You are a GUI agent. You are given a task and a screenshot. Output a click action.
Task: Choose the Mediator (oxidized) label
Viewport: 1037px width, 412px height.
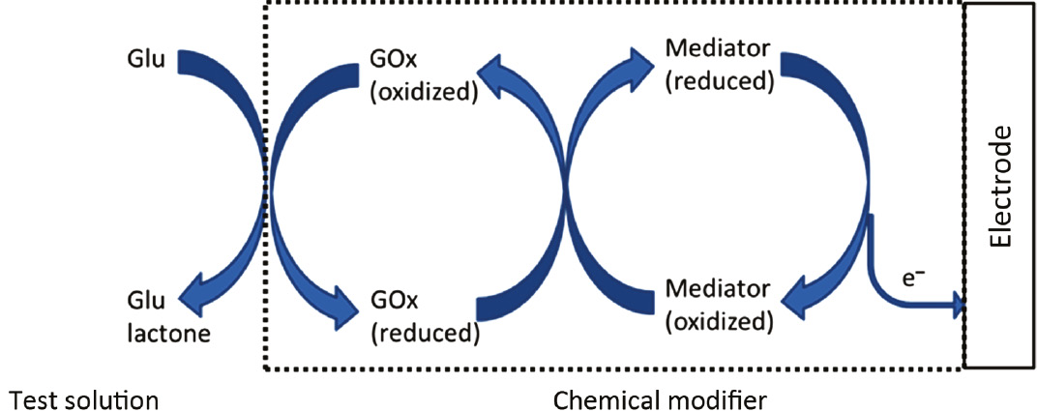[719, 303]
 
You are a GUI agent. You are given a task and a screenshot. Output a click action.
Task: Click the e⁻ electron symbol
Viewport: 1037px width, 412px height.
[914, 278]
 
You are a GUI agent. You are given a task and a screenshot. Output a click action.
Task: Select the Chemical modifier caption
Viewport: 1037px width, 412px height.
[663, 397]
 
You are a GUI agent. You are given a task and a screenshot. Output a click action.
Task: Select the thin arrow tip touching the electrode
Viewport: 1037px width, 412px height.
[960, 307]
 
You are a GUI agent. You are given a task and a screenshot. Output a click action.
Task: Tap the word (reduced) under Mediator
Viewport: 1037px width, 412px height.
[720, 80]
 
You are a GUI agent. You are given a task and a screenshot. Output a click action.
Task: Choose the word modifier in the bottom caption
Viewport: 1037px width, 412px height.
[724, 397]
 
